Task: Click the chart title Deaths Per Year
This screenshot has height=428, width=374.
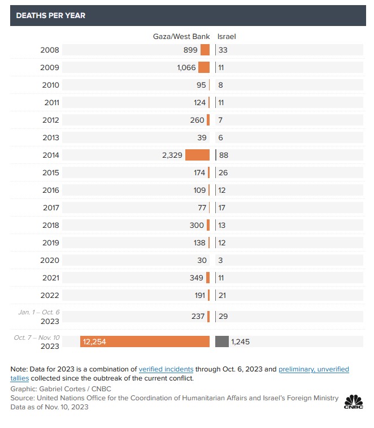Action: (x=50, y=15)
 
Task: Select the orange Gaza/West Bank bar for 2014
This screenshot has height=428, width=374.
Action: (x=197, y=155)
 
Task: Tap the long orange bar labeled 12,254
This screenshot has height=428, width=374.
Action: (x=145, y=341)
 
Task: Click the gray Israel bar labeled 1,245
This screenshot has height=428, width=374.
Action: (x=222, y=341)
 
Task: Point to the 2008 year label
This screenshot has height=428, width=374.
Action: (x=50, y=50)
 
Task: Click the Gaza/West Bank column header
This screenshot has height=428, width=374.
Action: (x=181, y=36)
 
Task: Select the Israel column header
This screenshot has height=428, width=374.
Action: (x=227, y=36)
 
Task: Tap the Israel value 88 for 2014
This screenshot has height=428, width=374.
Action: (x=224, y=155)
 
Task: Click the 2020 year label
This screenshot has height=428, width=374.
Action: (x=50, y=260)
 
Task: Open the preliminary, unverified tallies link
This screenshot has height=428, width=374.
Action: (x=314, y=369)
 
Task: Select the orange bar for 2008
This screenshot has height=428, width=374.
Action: (x=205, y=50)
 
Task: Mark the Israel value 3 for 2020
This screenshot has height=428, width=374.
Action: (x=220, y=260)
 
